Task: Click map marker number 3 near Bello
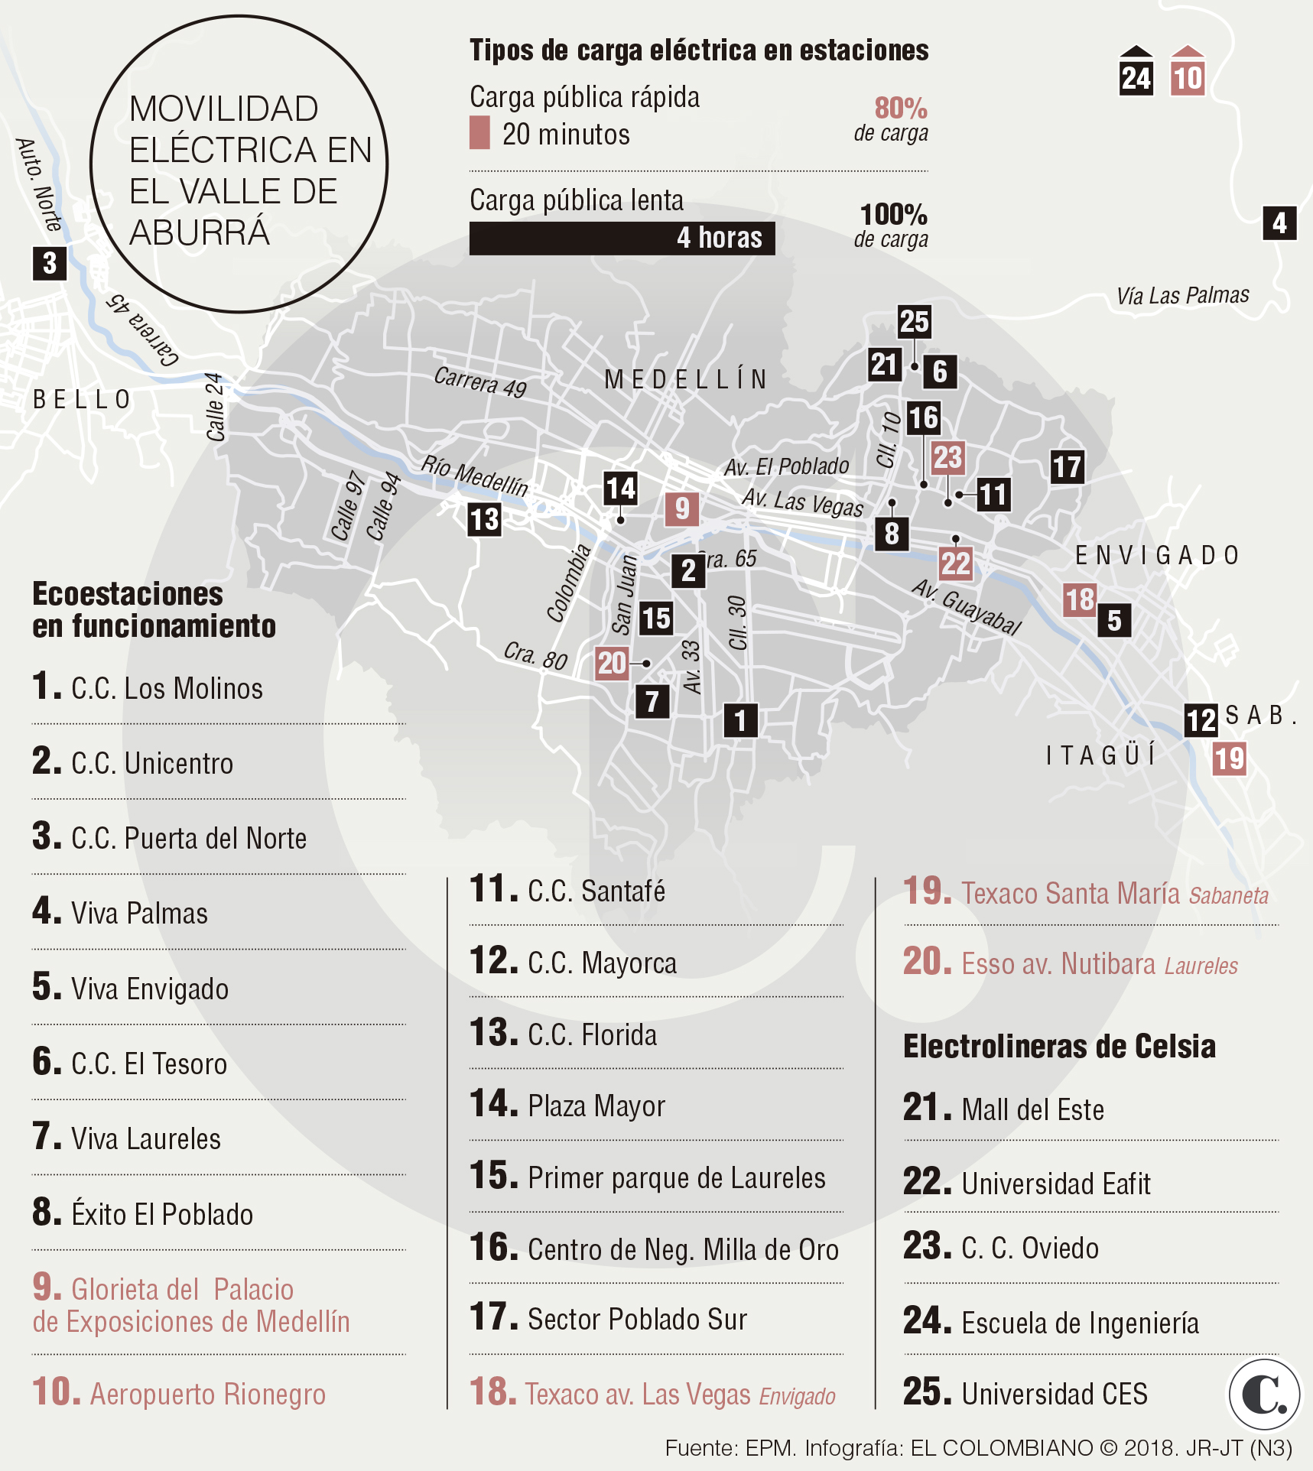point(50,263)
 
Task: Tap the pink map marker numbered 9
point(681,508)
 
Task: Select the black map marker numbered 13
point(484,520)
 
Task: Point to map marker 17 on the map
point(1067,466)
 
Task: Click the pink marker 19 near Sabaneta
point(1229,758)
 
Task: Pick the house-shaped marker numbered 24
point(1136,73)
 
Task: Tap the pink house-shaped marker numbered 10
point(1188,73)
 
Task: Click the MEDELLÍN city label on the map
point(686,379)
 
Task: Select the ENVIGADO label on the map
point(1157,555)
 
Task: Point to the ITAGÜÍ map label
point(1101,755)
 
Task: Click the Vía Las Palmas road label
point(1182,296)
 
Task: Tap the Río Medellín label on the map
point(474,475)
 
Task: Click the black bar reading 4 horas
point(622,238)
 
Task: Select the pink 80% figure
point(900,109)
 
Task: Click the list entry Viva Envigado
point(149,989)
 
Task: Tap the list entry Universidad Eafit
point(1055,1184)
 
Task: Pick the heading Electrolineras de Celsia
point(1059,1046)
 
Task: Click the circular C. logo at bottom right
point(1264,1394)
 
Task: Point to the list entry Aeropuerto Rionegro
point(206,1394)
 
